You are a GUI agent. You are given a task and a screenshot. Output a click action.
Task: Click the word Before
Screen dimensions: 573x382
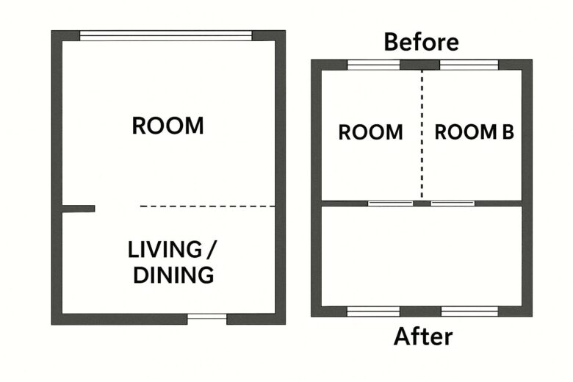421,42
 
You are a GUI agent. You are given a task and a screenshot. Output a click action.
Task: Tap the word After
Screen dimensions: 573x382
423,336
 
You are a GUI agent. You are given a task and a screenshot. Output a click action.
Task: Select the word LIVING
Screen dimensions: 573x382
165,250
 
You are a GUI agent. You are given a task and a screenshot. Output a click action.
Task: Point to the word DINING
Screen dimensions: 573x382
173,275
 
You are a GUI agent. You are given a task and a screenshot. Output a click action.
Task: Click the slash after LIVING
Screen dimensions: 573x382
212,250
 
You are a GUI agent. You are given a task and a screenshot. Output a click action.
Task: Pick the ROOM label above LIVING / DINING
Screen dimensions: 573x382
167,126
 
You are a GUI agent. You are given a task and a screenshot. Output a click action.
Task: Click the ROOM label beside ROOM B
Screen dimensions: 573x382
370,132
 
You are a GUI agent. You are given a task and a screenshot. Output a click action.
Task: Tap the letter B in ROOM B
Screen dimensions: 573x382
508,132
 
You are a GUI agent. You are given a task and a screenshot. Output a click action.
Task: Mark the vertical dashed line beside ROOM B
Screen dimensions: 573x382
422,134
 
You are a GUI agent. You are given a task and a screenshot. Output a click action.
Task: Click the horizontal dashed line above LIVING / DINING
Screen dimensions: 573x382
208,206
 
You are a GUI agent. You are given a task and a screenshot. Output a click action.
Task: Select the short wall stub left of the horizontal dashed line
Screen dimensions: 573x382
79,209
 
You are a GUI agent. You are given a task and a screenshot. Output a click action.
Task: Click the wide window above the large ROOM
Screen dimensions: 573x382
166,35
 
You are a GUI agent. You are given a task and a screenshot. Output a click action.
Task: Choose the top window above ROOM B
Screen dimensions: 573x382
469,65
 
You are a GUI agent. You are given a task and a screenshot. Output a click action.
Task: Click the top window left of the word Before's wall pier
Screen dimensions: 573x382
373,65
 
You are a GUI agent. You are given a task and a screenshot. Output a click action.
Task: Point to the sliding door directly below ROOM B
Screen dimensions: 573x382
453,203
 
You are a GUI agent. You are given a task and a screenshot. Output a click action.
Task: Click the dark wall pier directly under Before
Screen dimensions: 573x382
420,65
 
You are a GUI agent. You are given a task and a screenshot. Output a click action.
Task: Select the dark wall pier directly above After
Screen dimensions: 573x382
420,311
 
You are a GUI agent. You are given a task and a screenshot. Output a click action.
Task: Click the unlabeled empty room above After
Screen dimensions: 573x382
422,256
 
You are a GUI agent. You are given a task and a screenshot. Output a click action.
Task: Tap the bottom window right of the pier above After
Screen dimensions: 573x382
469,311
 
